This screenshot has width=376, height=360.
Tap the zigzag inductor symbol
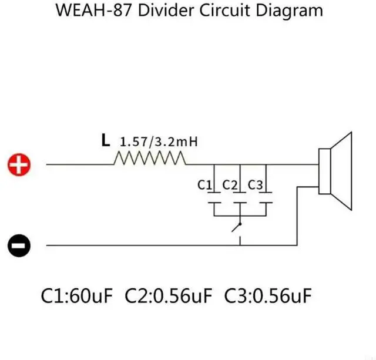151,159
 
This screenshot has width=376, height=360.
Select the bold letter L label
105,140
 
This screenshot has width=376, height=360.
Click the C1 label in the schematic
204,185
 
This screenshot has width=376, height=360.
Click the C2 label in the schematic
230,185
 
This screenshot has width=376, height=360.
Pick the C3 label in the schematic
256,185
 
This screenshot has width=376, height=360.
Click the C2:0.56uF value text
169,295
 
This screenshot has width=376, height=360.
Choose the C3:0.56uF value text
267,295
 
